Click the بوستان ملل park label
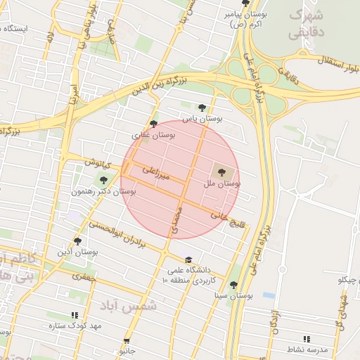(222, 183)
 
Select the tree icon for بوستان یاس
(202, 108)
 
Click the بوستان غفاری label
(153, 134)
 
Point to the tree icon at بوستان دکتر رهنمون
(103, 180)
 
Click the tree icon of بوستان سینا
(233, 285)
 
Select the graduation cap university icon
(188, 259)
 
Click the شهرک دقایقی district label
(307, 25)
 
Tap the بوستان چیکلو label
(349, 280)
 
